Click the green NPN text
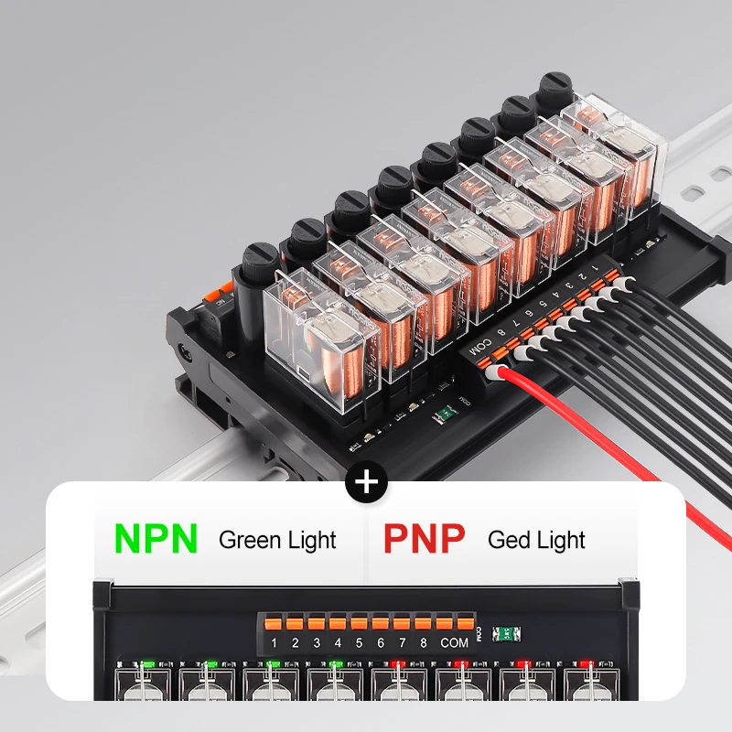[156, 538]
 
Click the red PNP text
[424, 538]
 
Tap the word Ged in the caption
[509, 540]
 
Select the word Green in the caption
[251, 540]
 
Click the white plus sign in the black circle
[367, 481]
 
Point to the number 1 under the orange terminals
[274, 642]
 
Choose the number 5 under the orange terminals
[359, 642]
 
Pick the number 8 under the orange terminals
[423, 642]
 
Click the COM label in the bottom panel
[455, 642]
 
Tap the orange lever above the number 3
[317, 623]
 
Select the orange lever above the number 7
[402, 623]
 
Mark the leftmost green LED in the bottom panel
[146, 663]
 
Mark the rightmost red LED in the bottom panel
[586, 663]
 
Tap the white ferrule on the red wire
[496, 373]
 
